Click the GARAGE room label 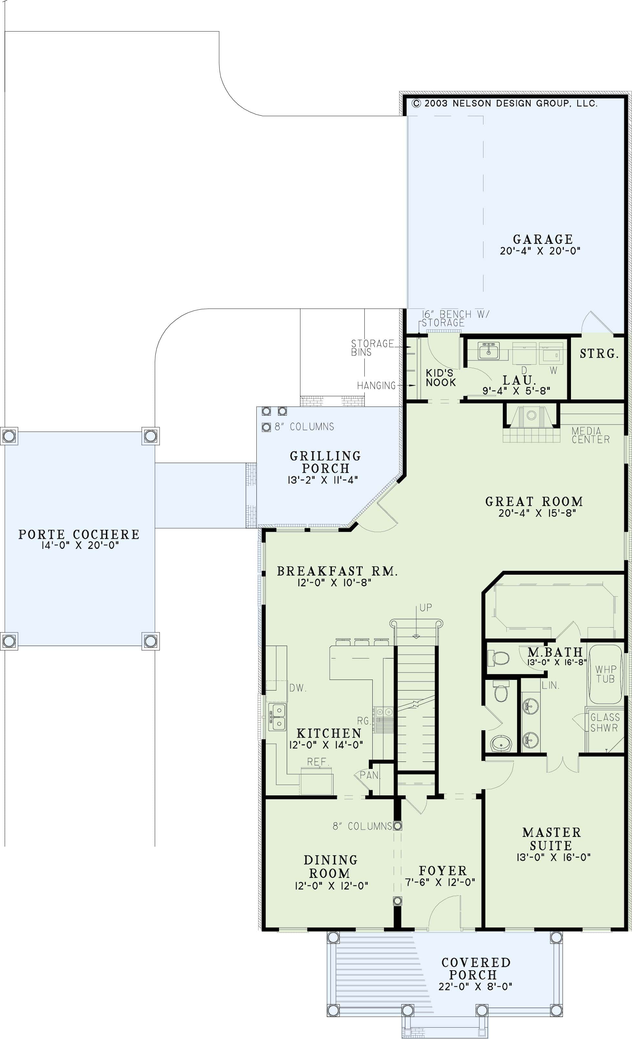pyautogui.click(x=543, y=239)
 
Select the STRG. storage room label pyautogui.click(x=599, y=353)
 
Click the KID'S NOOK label pyautogui.click(x=440, y=378)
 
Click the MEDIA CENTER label pyautogui.click(x=590, y=435)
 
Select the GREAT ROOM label pyautogui.click(x=534, y=501)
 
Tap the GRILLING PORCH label pyautogui.click(x=325, y=462)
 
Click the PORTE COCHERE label pyautogui.click(x=79, y=534)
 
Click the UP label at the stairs pyautogui.click(x=425, y=608)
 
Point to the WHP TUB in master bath pyautogui.click(x=606, y=674)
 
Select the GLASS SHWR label pyautogui.click(x=605, y=722)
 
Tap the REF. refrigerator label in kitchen pyautogui.click(x=318, y=762)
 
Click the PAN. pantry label pyautogui.click(x=369, y=775)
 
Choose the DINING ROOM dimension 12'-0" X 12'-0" pyautogui.click(x=331, y=885)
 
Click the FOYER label pyautogui.click(x=442, y=870)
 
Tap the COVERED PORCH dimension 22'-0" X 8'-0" pyautogui.click(x=475, y=986)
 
